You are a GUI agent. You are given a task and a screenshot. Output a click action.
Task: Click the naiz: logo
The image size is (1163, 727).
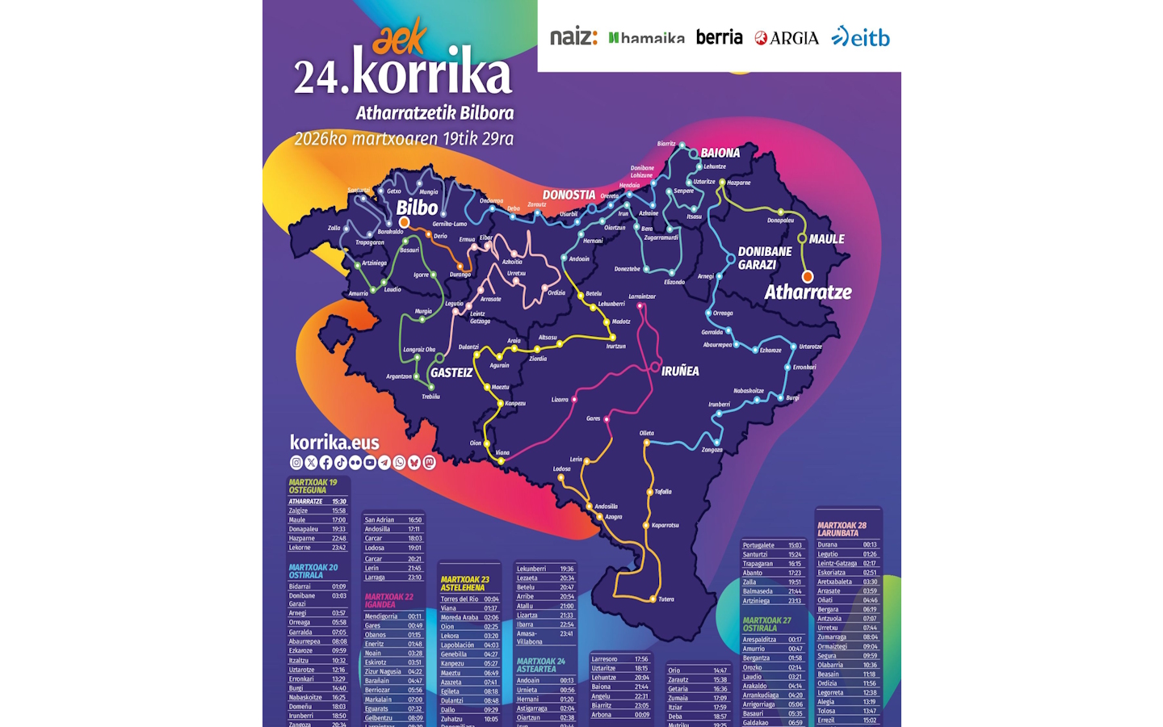[x=573, y=37]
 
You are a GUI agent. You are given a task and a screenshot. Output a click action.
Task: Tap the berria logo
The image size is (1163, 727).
[x=719, y=37]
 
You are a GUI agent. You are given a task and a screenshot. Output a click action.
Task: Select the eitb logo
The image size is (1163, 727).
[x=861, y=37]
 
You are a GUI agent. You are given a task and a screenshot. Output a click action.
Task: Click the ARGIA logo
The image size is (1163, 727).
[x=787, y=38]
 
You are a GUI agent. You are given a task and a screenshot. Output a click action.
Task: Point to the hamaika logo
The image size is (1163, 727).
[x=646, y=38]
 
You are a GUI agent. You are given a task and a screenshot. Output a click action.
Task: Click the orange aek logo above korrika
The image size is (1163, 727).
[x=400, y=37]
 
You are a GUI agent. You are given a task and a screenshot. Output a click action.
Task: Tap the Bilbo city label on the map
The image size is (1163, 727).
[x=417, y=207]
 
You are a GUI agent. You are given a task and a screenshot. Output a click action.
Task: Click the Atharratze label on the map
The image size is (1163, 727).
[x=808, y=292]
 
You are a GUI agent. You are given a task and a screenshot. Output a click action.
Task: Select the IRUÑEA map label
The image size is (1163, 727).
[x=680, y=371]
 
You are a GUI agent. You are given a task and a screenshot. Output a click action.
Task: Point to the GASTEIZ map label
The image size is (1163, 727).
[x=451, y=372]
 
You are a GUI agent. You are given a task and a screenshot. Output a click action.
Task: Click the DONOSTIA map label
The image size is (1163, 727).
[x=569, y=195]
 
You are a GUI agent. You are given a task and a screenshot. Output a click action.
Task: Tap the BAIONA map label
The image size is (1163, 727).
[x=720, y=153]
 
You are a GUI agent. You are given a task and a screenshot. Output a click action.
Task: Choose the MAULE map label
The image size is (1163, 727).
[x=826, y=239]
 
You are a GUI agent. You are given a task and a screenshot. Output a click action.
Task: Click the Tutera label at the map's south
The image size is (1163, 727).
[x=666, y=599]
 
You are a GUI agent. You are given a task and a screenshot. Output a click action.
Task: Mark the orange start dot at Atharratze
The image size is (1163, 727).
[x=807, y=276]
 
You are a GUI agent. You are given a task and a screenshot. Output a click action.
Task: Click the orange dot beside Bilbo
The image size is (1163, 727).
[x=404, y=222]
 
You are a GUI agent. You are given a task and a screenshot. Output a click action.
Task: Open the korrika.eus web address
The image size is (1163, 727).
[x=334, y=443]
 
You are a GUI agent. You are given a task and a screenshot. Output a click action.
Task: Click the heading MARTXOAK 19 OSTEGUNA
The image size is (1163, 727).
[x=313, y=486]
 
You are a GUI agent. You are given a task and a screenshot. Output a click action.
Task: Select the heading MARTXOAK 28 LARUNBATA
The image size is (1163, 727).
[x=842, y=529]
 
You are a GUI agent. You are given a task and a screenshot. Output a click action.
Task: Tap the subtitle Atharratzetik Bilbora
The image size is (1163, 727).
[x=435, y=113]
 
